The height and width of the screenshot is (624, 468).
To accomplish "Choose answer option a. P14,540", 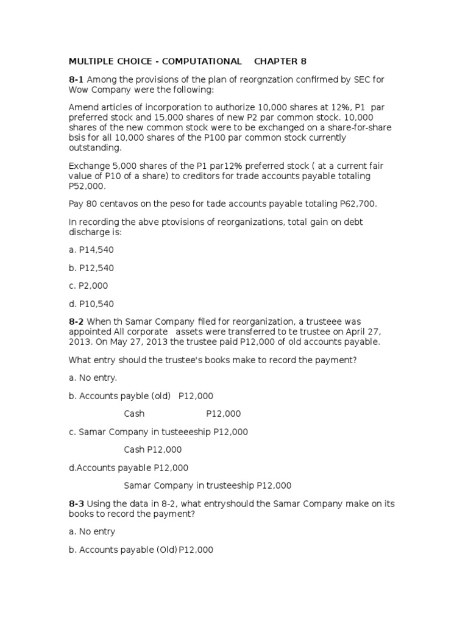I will click(91, 250).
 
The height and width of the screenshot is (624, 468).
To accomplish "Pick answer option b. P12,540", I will click(91, 268).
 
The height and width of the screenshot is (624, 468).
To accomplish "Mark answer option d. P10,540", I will click(91, 304).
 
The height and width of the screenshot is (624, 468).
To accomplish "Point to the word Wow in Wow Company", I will click(79, 90).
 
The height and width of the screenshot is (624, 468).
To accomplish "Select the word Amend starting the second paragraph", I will click(82, 108).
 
